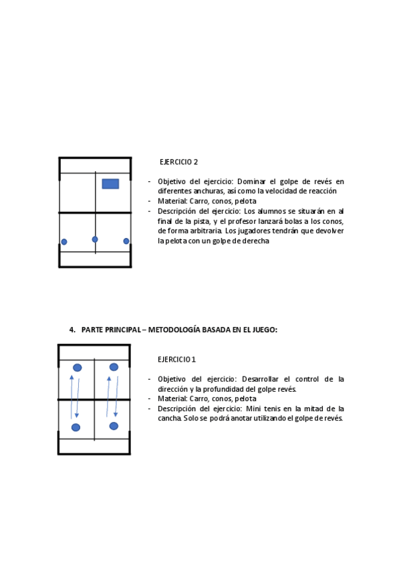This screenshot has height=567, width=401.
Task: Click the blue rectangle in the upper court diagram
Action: coord(110,184)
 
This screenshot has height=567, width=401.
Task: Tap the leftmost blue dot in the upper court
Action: coord(64,242)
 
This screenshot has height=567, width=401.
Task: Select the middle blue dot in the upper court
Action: coord(95,239)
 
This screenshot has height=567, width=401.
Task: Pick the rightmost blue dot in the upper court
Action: coord(126,241)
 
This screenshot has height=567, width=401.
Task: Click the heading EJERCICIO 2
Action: coord(178,162)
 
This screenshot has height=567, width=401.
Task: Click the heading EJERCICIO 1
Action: coord(176,359)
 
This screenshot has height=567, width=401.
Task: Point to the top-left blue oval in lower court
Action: coord(78,368)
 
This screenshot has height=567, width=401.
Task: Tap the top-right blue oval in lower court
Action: coord(114,367)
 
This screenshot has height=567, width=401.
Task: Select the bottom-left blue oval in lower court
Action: coord(76,427)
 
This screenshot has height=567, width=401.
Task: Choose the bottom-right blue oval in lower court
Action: coord(114,426)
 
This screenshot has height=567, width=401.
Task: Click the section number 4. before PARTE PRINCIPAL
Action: coord(72,330)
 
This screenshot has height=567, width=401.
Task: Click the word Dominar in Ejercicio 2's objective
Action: coord(251,181)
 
